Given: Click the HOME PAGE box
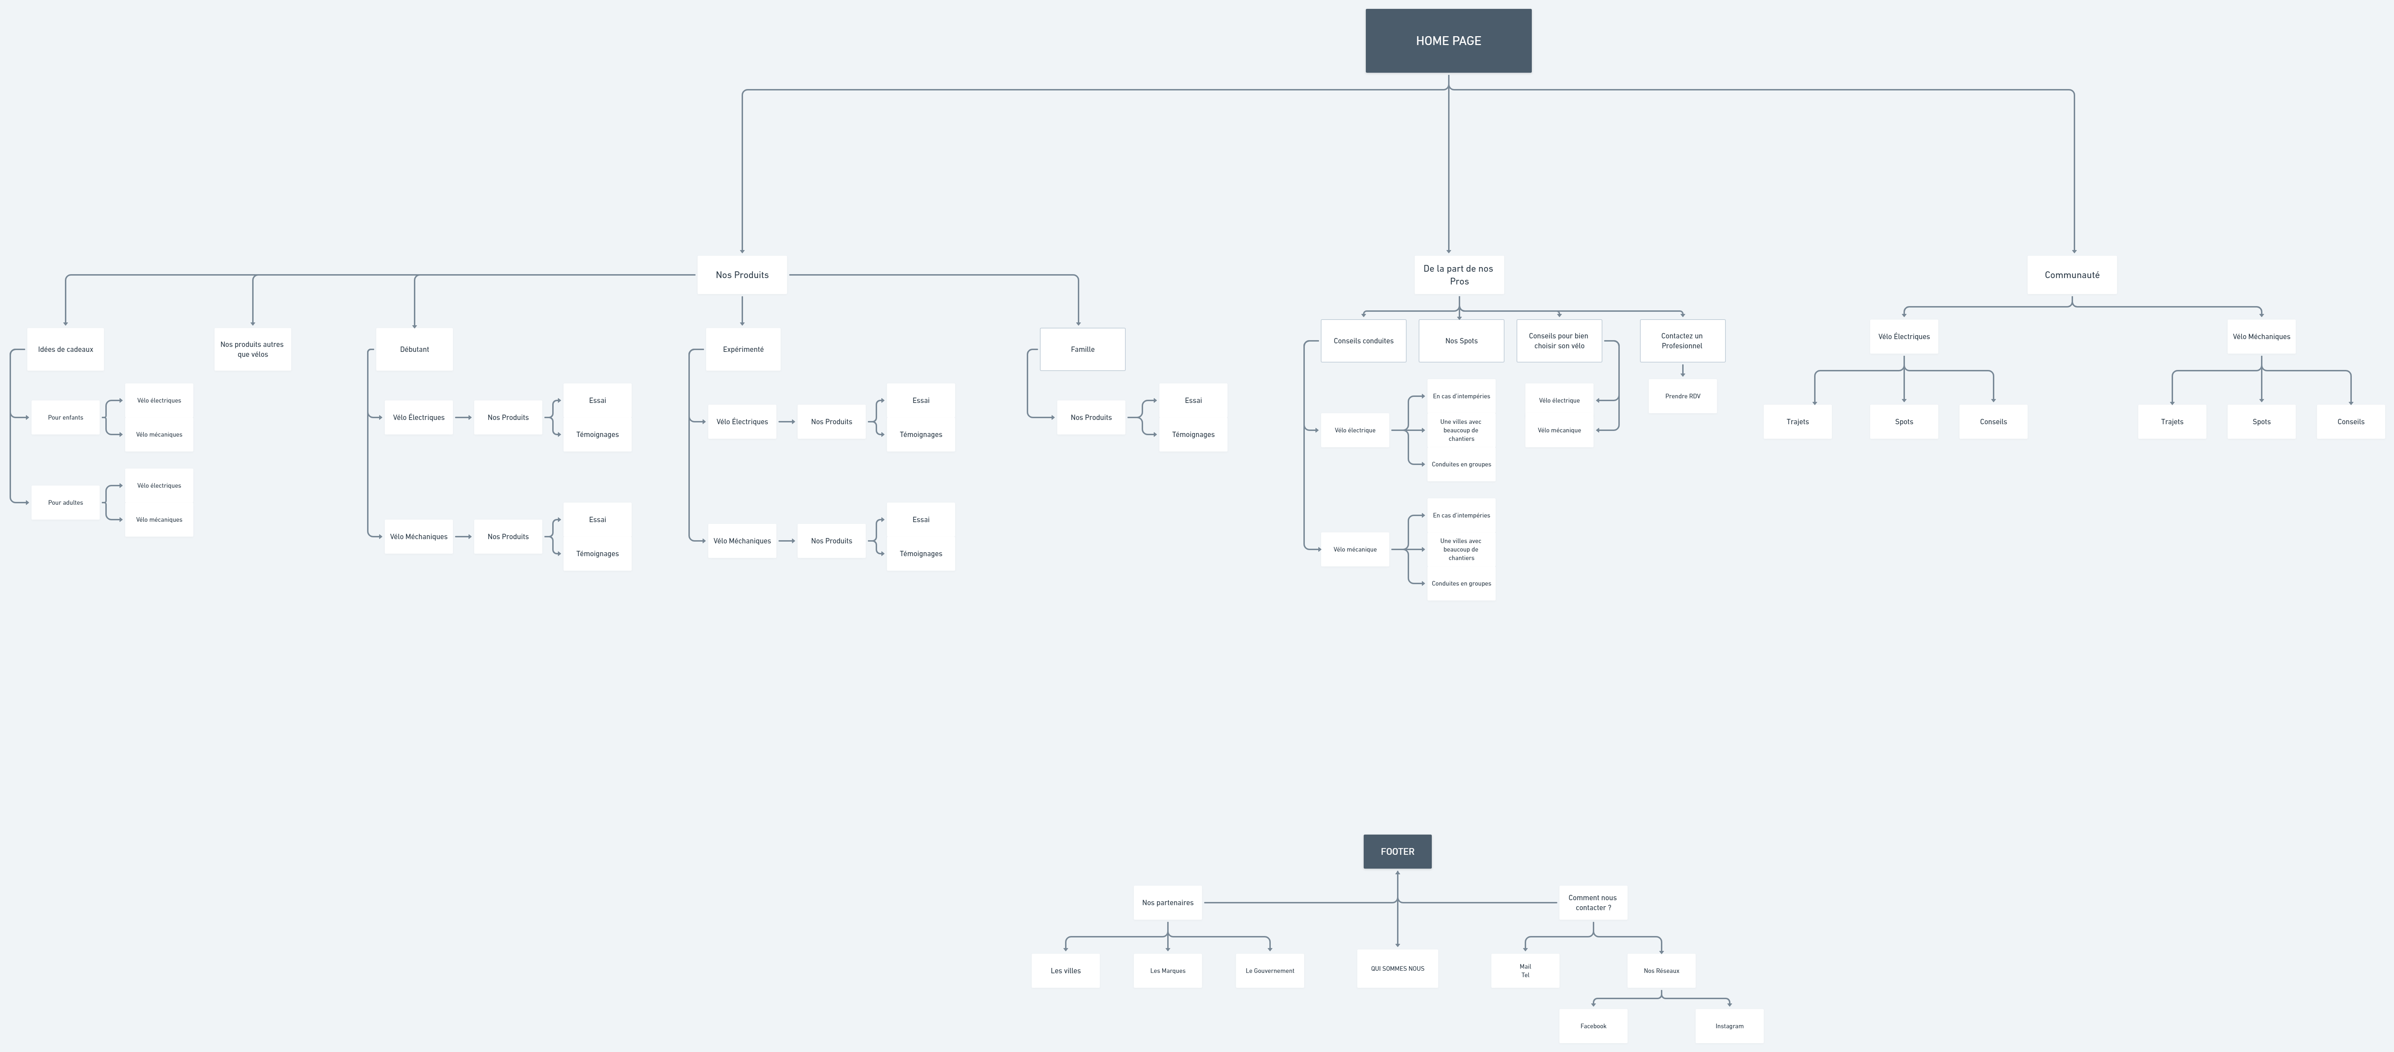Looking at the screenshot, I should click(1448, 41).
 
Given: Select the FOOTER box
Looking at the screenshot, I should click(1397, 851).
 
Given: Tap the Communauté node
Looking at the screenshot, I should click(2072, 275).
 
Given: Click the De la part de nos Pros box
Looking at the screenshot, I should click(1458, 275).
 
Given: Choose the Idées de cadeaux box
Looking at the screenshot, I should click(65, 349).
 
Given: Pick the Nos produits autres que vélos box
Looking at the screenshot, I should click(252, 349).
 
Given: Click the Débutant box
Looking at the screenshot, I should click(415, 349).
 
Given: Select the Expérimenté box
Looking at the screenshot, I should click(743, 349).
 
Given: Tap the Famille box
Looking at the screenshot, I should click(1082, 349).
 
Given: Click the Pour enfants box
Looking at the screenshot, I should click(65, 417).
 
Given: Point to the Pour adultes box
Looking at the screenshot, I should click(65, 503).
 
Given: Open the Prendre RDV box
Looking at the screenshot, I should click(1682, 396).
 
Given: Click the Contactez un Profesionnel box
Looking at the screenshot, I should click(1682, 341).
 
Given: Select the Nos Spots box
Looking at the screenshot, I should click(1461, 341).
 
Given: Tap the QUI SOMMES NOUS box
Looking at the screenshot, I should click(1397, 968).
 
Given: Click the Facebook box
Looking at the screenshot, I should click(1593, 1026).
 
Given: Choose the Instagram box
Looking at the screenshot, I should click(1729, 1026).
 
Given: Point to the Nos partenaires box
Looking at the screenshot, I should click(1167, 902).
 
